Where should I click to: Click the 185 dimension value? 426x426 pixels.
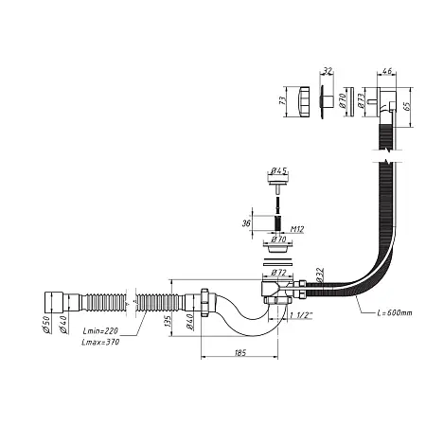coord(240,352)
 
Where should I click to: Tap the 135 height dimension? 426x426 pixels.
coord(168,321)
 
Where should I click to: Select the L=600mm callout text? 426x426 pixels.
coord(395,312)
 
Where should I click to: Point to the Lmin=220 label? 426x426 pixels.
coord(100,331)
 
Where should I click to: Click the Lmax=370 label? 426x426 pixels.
coord(100,342)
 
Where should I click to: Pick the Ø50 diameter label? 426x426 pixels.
coord(46,324)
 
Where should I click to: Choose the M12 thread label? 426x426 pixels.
coord(296,229)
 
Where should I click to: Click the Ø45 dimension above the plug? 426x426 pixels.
coord(279,170)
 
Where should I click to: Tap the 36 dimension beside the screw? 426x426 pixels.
coord(246,223)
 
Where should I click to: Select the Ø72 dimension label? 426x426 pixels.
coord(278,272)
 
